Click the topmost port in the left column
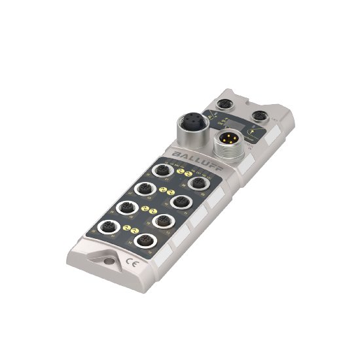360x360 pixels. coord(160,171)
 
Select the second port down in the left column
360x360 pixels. coord(143,189)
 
